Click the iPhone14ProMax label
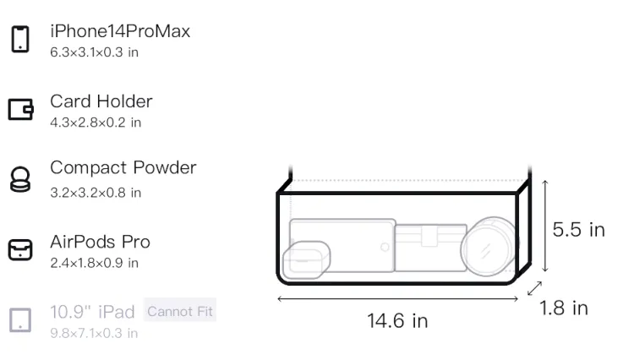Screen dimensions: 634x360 120,31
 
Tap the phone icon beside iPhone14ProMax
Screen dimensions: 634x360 20,39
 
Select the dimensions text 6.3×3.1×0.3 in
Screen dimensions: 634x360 94,52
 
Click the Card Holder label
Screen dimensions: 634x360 101,101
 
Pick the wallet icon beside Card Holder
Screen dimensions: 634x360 20,109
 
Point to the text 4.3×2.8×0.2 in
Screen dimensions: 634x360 96,123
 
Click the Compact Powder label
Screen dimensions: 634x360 123,167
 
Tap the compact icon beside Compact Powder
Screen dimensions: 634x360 20,179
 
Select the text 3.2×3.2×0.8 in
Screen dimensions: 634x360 96,193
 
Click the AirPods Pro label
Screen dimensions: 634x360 101,242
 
